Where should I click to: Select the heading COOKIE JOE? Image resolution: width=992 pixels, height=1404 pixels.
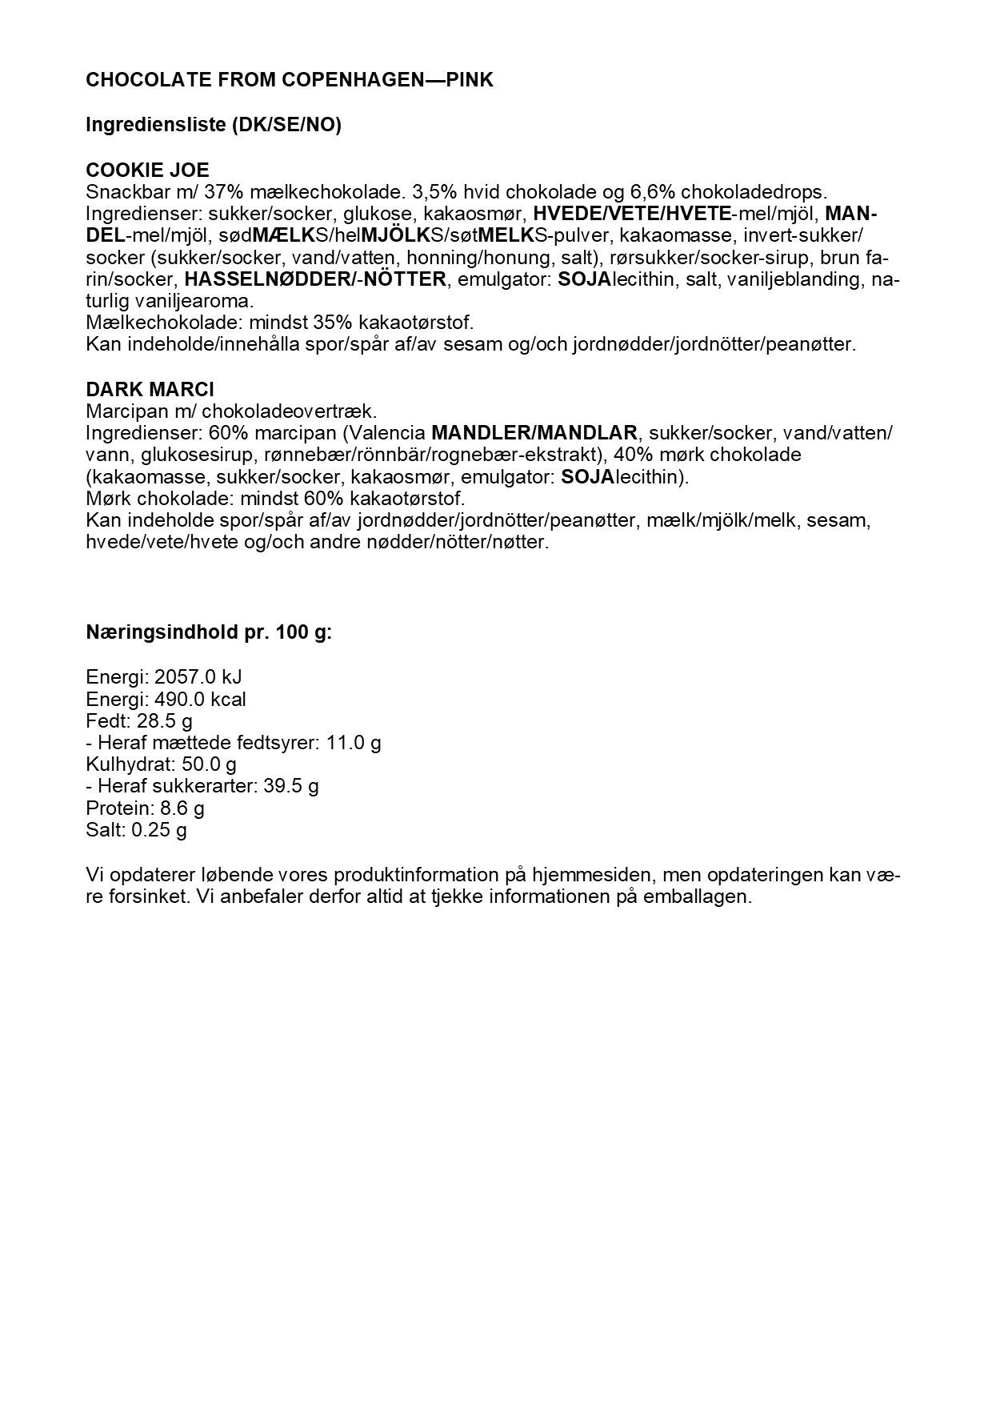(x=147, y=170)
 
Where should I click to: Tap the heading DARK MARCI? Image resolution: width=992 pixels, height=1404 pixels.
(x=150, y=390)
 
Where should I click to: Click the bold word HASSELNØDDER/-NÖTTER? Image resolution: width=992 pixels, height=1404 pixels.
(x=314, y=280)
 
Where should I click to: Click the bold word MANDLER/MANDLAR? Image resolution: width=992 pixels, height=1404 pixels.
(x=534, y=433)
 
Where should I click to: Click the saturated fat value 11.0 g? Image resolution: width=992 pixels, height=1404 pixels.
(x=354, y=742)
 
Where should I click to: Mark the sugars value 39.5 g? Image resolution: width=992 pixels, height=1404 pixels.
(x=291, y=785)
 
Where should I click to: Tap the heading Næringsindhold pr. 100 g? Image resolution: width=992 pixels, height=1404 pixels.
(x=209, y=632)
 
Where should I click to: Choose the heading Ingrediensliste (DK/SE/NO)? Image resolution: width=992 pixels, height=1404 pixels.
(x=214, y=125)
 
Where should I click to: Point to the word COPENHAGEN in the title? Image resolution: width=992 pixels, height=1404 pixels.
(x=337, y=80)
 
